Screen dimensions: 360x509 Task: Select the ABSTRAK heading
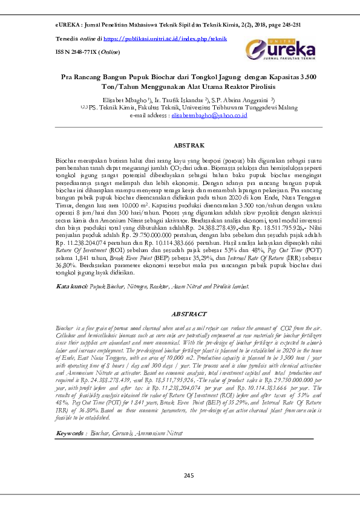point(189,146)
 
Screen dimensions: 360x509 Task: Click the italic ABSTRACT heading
point(189,315)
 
